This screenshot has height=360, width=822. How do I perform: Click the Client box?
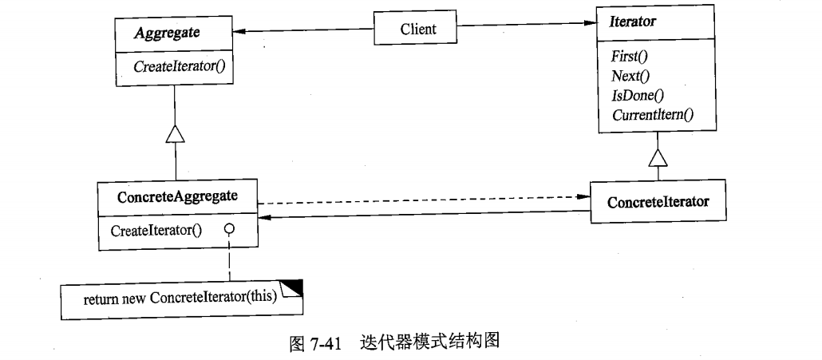[417, 29]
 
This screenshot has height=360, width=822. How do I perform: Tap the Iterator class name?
[633, 22]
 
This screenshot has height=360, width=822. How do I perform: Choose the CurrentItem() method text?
[653, 115]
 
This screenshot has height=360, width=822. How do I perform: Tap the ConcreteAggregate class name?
[177, 196]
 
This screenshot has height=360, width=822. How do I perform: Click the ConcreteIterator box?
[658, 202]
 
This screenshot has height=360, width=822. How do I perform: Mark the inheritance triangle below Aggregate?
[176, 135]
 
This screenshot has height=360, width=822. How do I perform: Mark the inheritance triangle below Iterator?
[658, 157]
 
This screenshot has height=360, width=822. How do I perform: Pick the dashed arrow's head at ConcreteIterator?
[585, 196]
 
